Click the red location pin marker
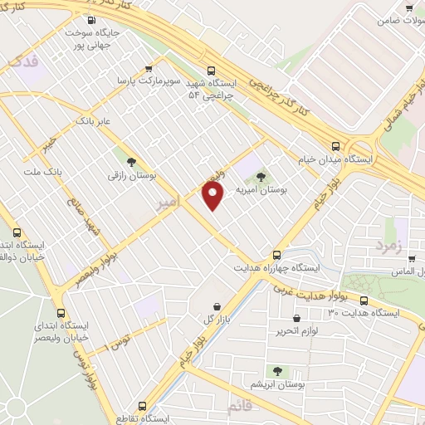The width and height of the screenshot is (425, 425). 214,195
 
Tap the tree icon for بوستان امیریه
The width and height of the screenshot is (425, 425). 261,175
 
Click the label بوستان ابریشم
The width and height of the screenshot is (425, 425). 277,385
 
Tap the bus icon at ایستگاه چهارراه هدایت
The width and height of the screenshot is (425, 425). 277,255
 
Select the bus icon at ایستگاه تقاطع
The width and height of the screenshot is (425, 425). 142,407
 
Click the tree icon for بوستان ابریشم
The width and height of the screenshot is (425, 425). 277,371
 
